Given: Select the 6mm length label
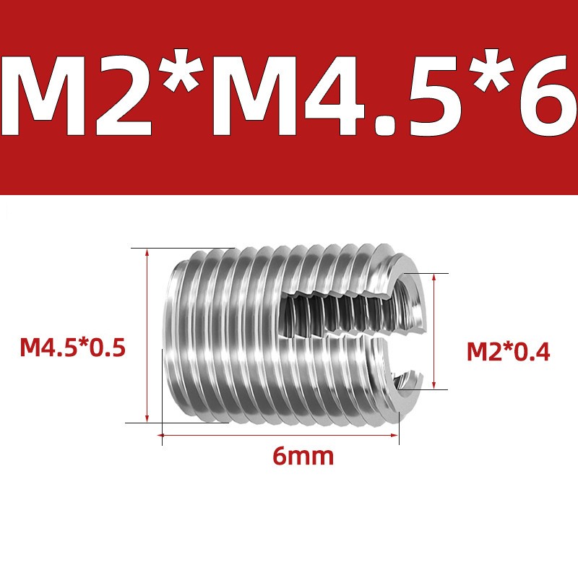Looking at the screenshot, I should pyautogui.click(x=303, y=457).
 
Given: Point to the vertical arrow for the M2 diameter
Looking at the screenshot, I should pyautogui.click(x=434, y=331).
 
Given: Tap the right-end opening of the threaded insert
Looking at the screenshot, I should pyautogui.click(x=410, y=332).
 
